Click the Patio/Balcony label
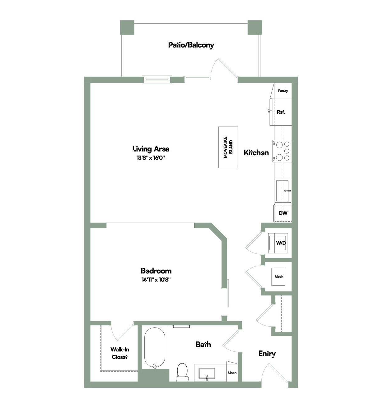pyautogui.click(x=191, y=45)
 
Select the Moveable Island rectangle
pyautogui.click(x=228, y=147)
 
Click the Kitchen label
pyautogui.click(x=256, y=152)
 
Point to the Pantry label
pyautogui.click(x=283, y=91)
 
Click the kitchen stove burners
pyautogui.click(x=282, y=151)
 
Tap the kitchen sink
pyautogui.click(x=283, y=190)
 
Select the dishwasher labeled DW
pyautogui.click(x=283, y=213)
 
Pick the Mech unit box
pyautogui.click(x=278, y=277)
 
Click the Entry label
pyautogui.click(x=267, y=353)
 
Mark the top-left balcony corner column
pyautogui.click(x=127, y=27)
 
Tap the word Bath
pyautogui.click(x=203, y=344)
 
